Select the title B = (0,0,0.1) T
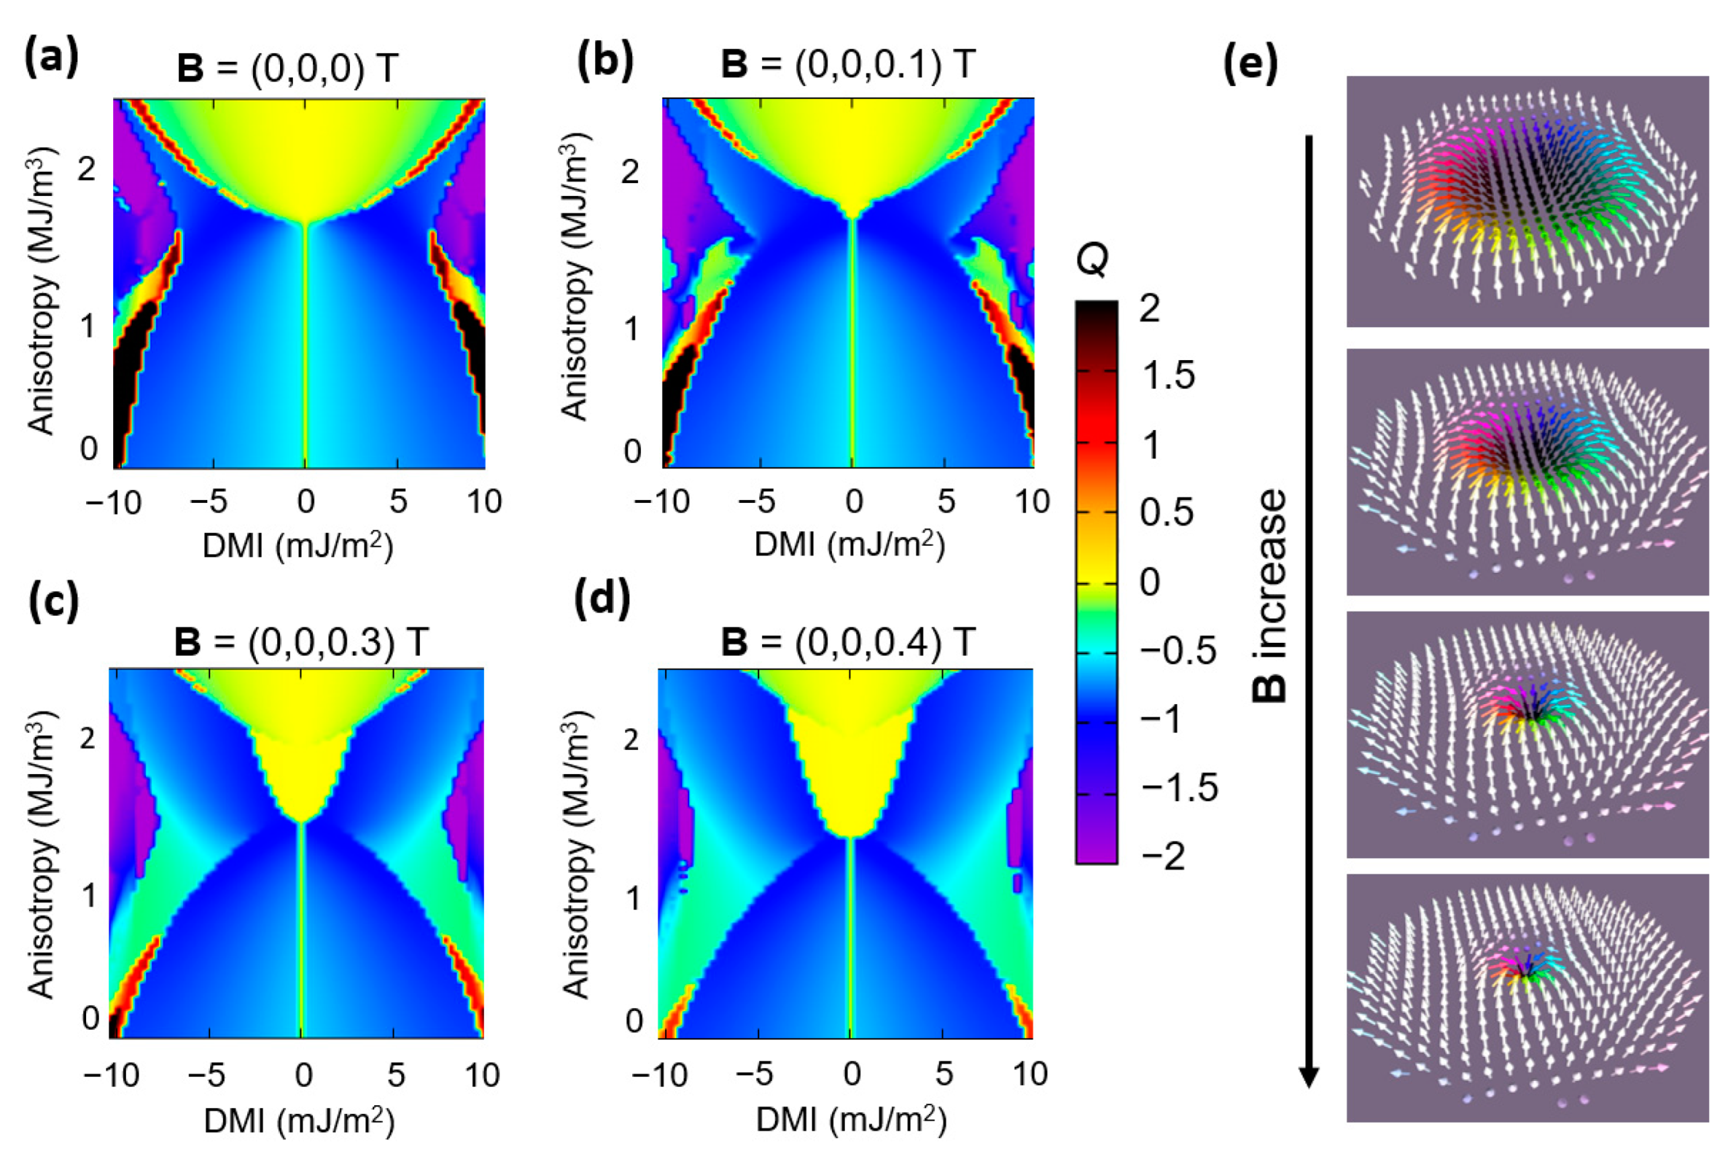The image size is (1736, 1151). tap(848, 65)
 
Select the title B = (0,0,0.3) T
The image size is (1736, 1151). tap(301, 641)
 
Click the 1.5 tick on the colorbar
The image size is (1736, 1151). tap(1167, 375)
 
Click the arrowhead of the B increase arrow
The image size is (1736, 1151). tap(1309, 1077)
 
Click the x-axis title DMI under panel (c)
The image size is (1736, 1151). tap(299, 1121)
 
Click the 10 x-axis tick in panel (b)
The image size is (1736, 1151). tap(1032, 502)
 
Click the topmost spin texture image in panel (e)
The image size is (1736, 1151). tap(1527, 201)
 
